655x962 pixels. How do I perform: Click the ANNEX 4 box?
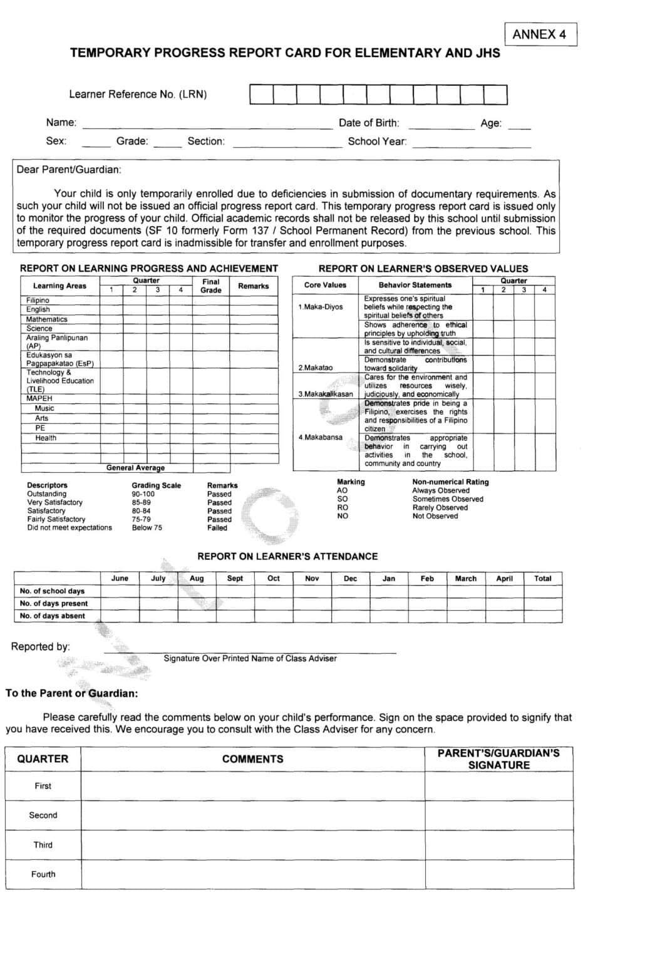tap(539, 34)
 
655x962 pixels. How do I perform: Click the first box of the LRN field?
tap(260, 95)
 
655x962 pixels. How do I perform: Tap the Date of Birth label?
tap(368, 123)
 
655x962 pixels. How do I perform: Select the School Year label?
tap(377, 142)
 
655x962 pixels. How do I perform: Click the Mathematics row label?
tap(46, 319)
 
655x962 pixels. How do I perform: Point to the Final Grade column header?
tap(210, 286)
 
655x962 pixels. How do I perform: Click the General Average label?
tap(135, 468)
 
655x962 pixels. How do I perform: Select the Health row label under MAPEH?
tap(46, 438)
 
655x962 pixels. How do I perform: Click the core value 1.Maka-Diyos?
tap(321, 307)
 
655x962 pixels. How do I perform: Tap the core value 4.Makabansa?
tap(320, 437)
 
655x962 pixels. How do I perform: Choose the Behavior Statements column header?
tap(415, 285)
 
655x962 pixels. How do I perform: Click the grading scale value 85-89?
tap(141, 502)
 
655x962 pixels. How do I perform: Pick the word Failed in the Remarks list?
tap(217, 528)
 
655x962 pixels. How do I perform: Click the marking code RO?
tap(343, 508)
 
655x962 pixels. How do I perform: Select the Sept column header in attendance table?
tap(235, 579)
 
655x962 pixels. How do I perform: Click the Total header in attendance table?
tap(542, 579)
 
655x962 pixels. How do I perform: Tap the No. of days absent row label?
tap(53, 616)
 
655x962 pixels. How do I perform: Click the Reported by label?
tap(40, 647)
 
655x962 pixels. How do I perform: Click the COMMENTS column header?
tap(252, 759)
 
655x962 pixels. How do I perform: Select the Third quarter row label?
tap(43, 845)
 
